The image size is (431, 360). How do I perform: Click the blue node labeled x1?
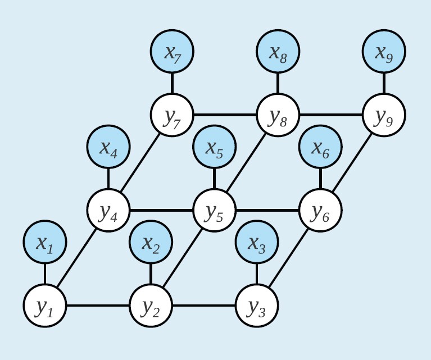pos(45,243)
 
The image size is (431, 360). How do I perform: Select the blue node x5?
pos(214,147)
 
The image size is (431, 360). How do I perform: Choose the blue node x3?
pos(257,243)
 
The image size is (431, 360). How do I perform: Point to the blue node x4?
pos(108,147)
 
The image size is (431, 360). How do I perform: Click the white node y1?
pos(45,306)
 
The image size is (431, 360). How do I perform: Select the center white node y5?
pos(214,211)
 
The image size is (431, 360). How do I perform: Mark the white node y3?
pos(257,306)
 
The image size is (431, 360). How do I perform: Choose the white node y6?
pos(320,211)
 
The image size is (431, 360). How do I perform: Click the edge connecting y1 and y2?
pos(98,306)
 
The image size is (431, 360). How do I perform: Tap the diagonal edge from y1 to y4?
pos(77,258)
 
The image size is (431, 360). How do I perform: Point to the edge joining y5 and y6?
pos(267,211)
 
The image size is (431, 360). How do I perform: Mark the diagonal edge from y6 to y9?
pos(352,163)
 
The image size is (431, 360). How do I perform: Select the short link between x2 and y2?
pos(151,275)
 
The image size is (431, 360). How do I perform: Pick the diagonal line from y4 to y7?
pos(140,163)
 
